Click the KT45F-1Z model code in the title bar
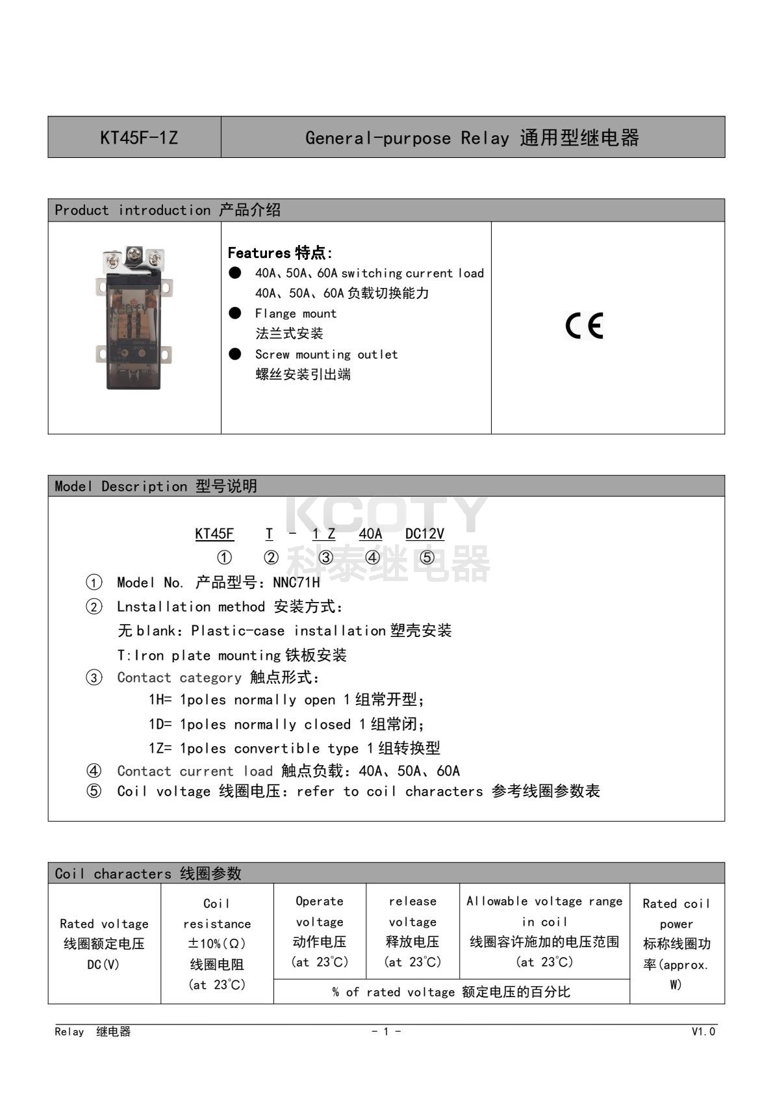click(138, 138)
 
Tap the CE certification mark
click(584, 326)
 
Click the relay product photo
click(134, 318)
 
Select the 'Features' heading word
click(259, 253)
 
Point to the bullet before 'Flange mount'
click(235, 313)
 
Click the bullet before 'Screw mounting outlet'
click(235, 354)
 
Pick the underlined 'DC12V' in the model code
click(424, 534)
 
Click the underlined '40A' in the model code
click(370, 534)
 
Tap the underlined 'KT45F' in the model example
click(214, 534)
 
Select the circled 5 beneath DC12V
click(427, 558)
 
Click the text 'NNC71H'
click(296, 582)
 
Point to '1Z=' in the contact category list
click(160, 748)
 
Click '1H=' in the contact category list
click(160, 700)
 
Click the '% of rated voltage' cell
click(451, 992)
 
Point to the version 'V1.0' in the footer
click(703, 1032)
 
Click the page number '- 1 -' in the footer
click(386, 1032)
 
